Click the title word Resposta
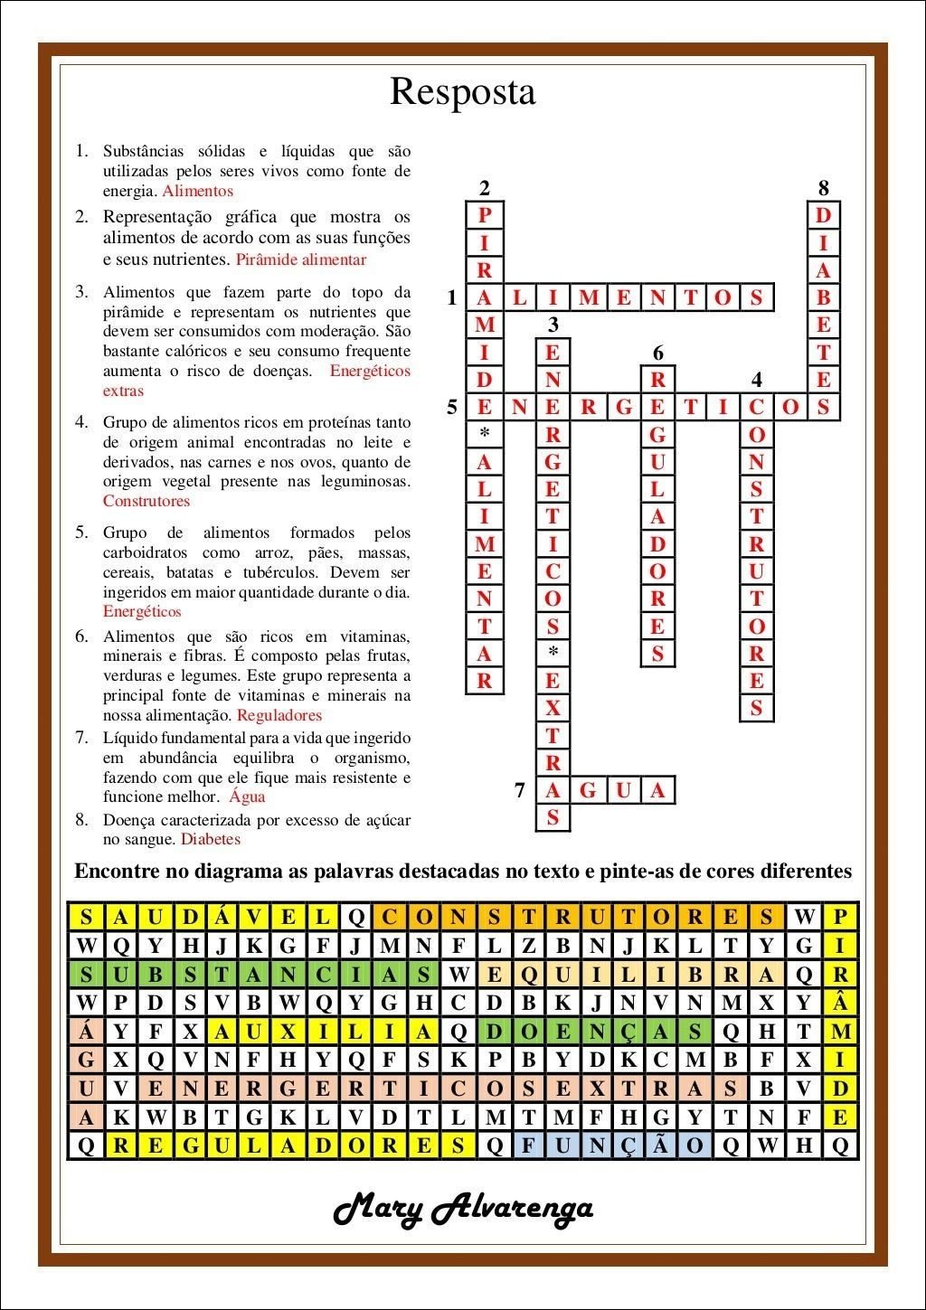coord(462,92)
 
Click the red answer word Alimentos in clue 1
coord(197,191)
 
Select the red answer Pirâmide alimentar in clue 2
coord(301,260)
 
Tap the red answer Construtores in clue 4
coord(146,501)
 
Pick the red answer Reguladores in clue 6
coord(279,715)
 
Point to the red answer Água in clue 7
coord(247,796)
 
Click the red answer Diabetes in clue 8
coord(211,839)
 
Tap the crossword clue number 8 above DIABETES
coord(823,188)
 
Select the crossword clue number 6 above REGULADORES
coord(658,353)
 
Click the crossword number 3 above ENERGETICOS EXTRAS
coord(553,324)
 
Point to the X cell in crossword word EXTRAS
coord(553,709)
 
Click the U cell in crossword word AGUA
coord(623,791)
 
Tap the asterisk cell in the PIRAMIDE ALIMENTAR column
coord(485,433)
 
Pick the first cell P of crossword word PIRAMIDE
coord(485,215)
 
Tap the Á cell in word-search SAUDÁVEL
coord(222,917)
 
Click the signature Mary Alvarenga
coord(463,1209)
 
